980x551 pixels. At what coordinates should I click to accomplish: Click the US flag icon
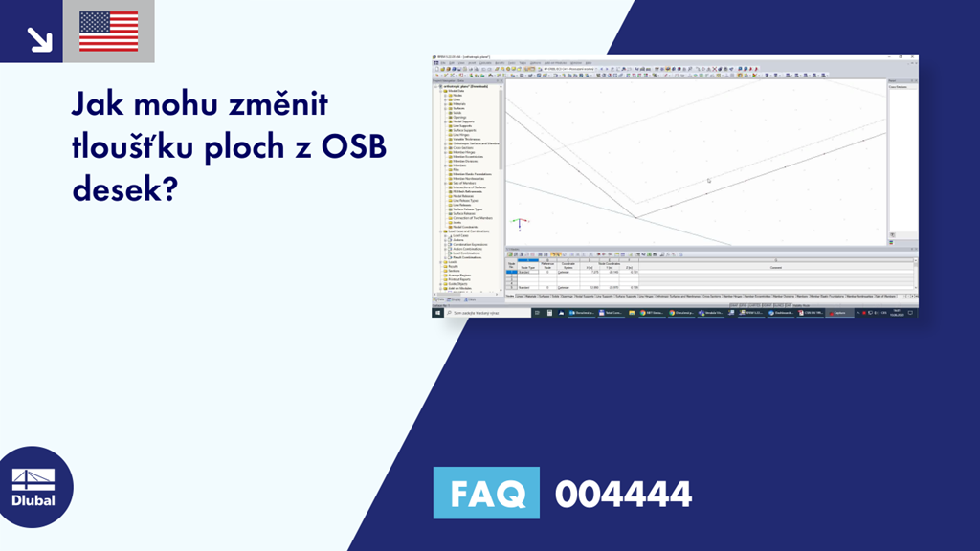tap(108, 31)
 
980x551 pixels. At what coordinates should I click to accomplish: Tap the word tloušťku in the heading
tap(141, 147)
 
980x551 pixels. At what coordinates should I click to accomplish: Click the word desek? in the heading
tap(123, 189)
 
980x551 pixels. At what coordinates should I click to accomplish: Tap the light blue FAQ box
tap(486, 494)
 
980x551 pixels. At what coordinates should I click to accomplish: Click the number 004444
tap(623, 494)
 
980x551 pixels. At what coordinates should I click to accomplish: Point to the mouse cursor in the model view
tap(708, 180)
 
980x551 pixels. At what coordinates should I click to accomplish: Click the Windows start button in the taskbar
tap(437, 313)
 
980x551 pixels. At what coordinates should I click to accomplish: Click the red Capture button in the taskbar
tap(839, 313)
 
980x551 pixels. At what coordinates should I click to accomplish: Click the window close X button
tap(913, 57)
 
